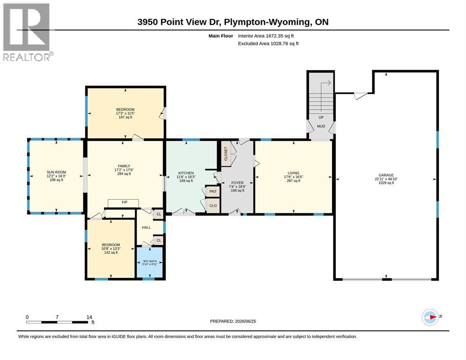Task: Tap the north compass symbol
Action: pos(430,317)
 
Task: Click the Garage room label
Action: pos(386,175)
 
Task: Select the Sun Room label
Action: pos(56,172)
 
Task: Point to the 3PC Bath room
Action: pos(150,262)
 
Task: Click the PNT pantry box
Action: pos(213,191)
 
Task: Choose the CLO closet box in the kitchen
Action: pos(213,206)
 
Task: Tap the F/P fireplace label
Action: pos(125,202)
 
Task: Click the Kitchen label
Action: pos(186,173)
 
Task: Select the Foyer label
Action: pos(238,183)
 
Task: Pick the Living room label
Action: pos(293,173)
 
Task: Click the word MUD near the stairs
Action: pos(321,126)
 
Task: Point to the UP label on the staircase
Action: pos(321,118)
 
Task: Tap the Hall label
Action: pos(146,227)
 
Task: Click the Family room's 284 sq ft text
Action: pos(124,174)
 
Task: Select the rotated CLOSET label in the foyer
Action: pos(226,154)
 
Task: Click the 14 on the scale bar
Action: pos(89,317)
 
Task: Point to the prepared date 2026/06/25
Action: pos(246,322)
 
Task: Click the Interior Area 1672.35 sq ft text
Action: pos(266,36)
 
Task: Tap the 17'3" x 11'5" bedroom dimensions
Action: pos(126,113)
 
